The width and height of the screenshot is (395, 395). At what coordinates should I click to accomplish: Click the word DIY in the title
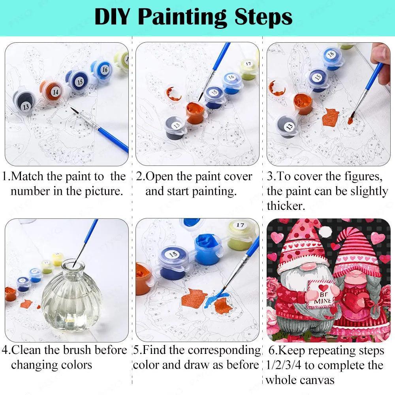[x=112, y=17]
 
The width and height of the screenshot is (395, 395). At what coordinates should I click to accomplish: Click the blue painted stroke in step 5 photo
[x=214, y=299]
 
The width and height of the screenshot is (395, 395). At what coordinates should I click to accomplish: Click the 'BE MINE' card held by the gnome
[x=322, y=293]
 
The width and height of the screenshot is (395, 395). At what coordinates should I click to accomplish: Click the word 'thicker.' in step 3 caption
[x=286, y=206]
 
